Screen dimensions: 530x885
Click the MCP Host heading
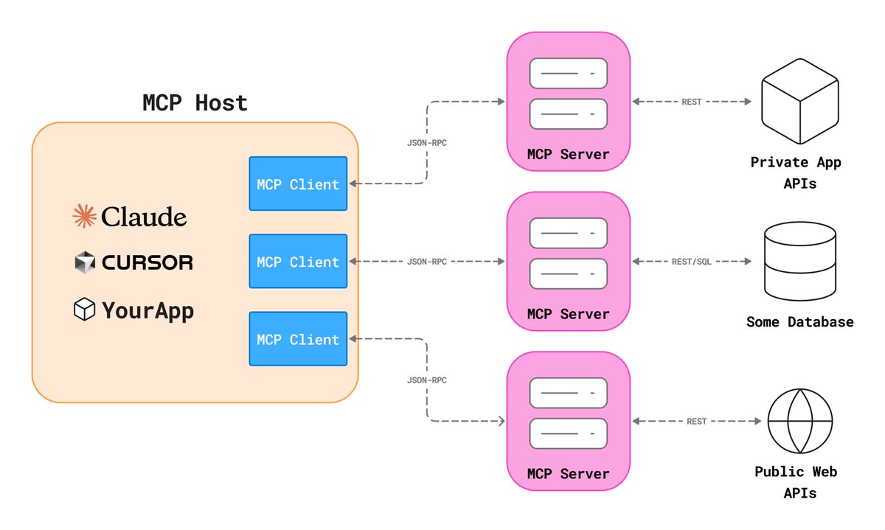click(195, 102)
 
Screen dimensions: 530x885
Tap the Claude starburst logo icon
click(84, 217)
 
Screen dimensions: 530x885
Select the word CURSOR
click(147, 262)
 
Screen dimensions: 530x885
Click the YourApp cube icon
click(84, 310)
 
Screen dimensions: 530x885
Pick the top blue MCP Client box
click(298, 184)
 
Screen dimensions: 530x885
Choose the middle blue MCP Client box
click(298, 262)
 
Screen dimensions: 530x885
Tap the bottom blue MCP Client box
click(298, 339)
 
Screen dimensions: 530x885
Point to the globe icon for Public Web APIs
click(799, 419)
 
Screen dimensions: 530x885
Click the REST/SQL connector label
click(691, 262)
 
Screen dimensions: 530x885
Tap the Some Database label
click(800, 322)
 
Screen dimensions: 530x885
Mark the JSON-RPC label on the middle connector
click(427, 262)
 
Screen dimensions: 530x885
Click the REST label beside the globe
click(696, 422)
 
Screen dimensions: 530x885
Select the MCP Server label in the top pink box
click(568, 154)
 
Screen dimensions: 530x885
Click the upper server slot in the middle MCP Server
click(568, 233)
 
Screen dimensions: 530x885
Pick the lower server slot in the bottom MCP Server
click(568, 433)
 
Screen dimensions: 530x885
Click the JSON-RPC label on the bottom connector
click(427, 380)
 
